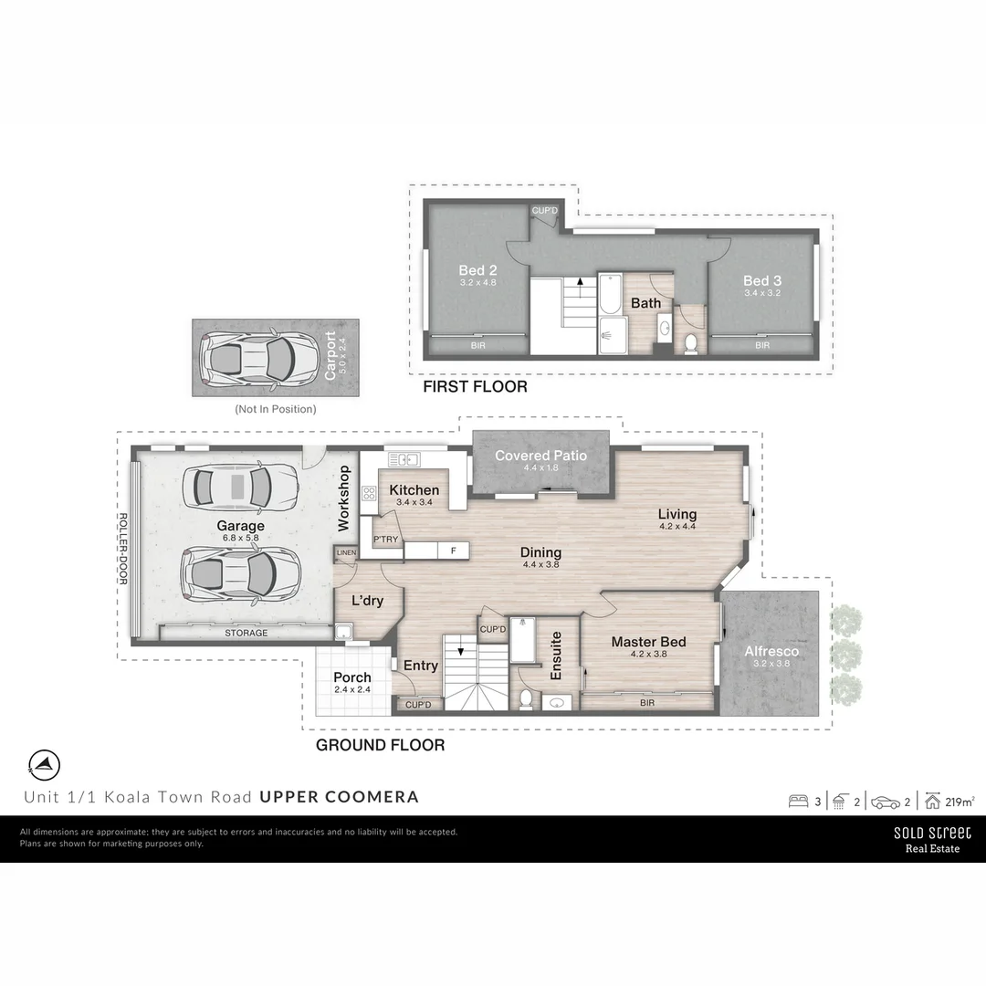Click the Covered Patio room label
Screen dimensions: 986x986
coord(540,455)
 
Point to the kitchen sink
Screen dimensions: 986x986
coord(403,459)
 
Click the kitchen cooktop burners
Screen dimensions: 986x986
coord(370,494)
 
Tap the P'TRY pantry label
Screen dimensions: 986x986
coord(385,540)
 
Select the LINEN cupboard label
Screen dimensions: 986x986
coord(346,553)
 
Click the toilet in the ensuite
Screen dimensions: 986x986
coord(526,698)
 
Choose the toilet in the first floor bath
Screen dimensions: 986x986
coord(691,342)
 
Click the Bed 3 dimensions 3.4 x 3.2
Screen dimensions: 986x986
coord(762,294)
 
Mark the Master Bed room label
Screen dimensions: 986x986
coord(648,642)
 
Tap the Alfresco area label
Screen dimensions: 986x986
coord(771,651)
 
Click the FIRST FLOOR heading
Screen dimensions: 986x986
coord(475,387)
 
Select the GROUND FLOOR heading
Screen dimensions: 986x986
coord(380,745)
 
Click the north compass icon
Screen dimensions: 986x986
coord(45,763)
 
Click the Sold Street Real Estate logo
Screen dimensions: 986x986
coord(932,839)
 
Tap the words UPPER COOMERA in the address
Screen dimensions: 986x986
coord(340,796)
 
